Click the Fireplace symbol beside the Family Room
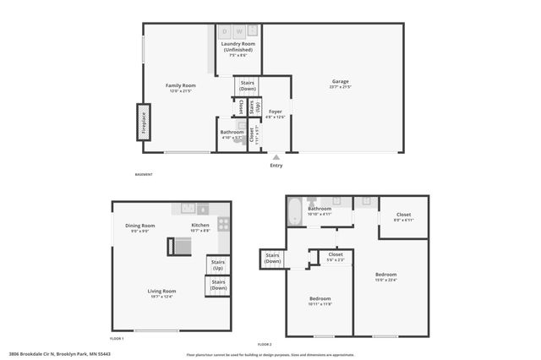click(x=144, y=121)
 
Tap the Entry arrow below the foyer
click(x=276, y=156)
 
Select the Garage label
click(x=341, y=82)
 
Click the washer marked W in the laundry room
click(x=239, y=30)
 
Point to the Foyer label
click(x=276, y=112)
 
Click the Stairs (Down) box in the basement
click(x=248, y=86)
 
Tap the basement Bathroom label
click(x=232, y=132)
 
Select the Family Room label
click(x=180, y=85)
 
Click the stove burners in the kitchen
click(x=224, y=224)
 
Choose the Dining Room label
click(x=141, y=226)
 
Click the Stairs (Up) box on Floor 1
click(x=217, y=265)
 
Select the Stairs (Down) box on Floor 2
click(x=272, y=258)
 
